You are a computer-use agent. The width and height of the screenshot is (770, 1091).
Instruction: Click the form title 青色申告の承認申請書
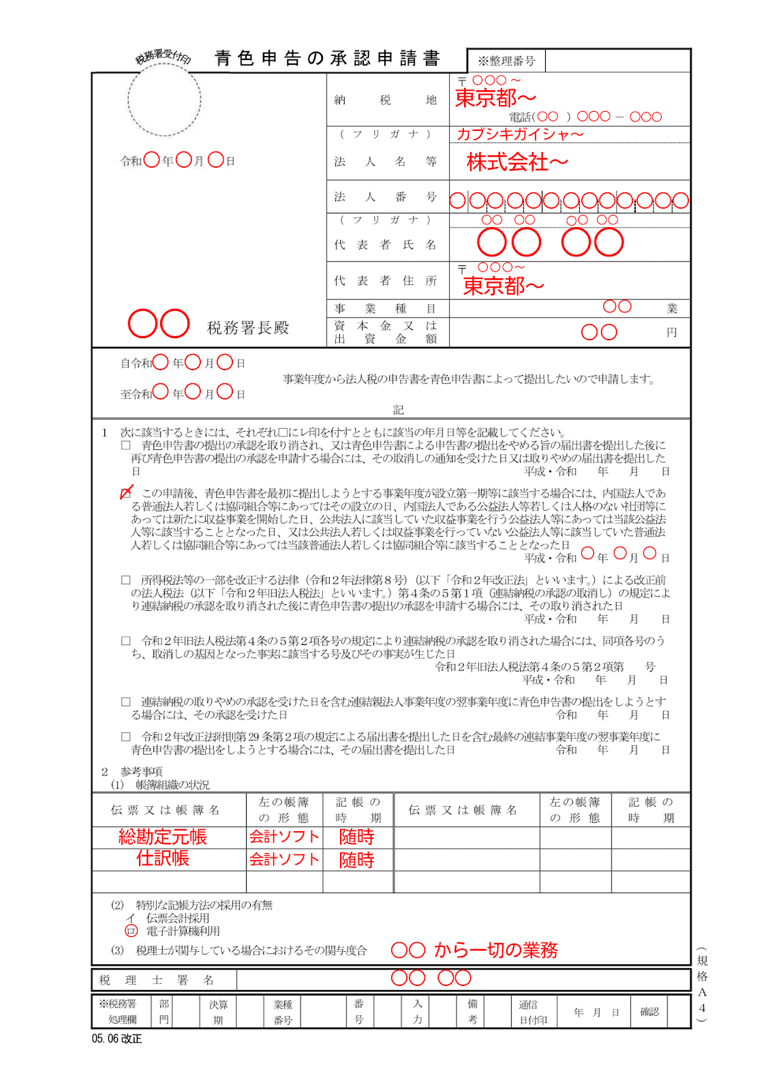click(x=327, y=59)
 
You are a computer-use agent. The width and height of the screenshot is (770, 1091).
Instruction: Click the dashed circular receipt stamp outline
click(x=164, y=100)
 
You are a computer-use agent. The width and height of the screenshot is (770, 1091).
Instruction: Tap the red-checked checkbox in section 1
click(x=126, y=492)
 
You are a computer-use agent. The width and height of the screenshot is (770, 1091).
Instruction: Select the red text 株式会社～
click(x=517, y=162)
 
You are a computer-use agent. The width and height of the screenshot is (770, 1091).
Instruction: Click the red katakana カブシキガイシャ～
click(x=519, y=134)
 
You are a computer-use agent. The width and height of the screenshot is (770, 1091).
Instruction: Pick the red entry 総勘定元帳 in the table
click(x=162, y=837)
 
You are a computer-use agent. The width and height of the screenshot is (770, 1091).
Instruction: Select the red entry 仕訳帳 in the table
click(x=162, y=858)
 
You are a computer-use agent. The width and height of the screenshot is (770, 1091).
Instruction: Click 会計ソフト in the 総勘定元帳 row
click(x=284, y=837)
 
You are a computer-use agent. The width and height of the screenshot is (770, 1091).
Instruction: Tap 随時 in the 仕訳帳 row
click(x=357, y=860)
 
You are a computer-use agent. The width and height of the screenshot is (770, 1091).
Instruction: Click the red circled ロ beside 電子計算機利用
click(x=132, y=931)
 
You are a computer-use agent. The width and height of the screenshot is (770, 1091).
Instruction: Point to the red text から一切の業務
click(x=495, y=950)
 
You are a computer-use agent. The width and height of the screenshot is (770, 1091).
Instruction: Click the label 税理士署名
click(x=157, y=981)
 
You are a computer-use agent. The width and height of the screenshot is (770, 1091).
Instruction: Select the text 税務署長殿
click(x=248, y=328)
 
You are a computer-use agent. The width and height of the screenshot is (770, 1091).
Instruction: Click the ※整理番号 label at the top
click(x=506, y=61)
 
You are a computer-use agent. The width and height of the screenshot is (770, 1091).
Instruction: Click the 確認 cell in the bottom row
click(x=649, y=1012)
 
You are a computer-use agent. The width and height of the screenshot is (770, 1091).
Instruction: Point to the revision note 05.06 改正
click(x=117, y=1038)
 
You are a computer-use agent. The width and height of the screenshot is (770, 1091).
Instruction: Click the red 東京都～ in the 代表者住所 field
click(x=504, y=286)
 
